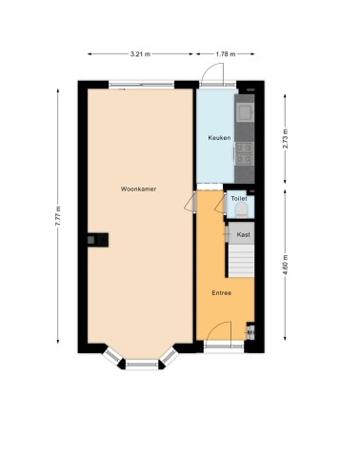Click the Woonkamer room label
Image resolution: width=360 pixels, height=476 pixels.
138,189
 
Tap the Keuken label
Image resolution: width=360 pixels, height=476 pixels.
219,138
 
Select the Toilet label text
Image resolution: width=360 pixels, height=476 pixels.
239,199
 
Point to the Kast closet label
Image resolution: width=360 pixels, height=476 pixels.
244,235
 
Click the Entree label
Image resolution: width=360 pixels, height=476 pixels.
222,293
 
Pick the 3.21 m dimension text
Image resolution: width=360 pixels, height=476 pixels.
140,54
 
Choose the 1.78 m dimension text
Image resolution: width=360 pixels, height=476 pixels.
226,54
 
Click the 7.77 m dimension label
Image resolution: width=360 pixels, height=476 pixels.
58,216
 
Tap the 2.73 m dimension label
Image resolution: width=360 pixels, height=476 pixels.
285,139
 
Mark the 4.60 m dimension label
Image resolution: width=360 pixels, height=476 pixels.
285,266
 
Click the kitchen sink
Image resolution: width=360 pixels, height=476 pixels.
245,112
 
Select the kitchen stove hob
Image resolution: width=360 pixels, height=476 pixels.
245,153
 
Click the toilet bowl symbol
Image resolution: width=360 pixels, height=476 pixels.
242,210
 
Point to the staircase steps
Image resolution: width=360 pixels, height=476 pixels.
242,261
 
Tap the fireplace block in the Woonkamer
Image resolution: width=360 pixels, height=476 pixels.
98,240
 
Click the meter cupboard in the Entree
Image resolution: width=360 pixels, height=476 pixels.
250,331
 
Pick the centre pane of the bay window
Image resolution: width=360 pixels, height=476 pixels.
142,365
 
